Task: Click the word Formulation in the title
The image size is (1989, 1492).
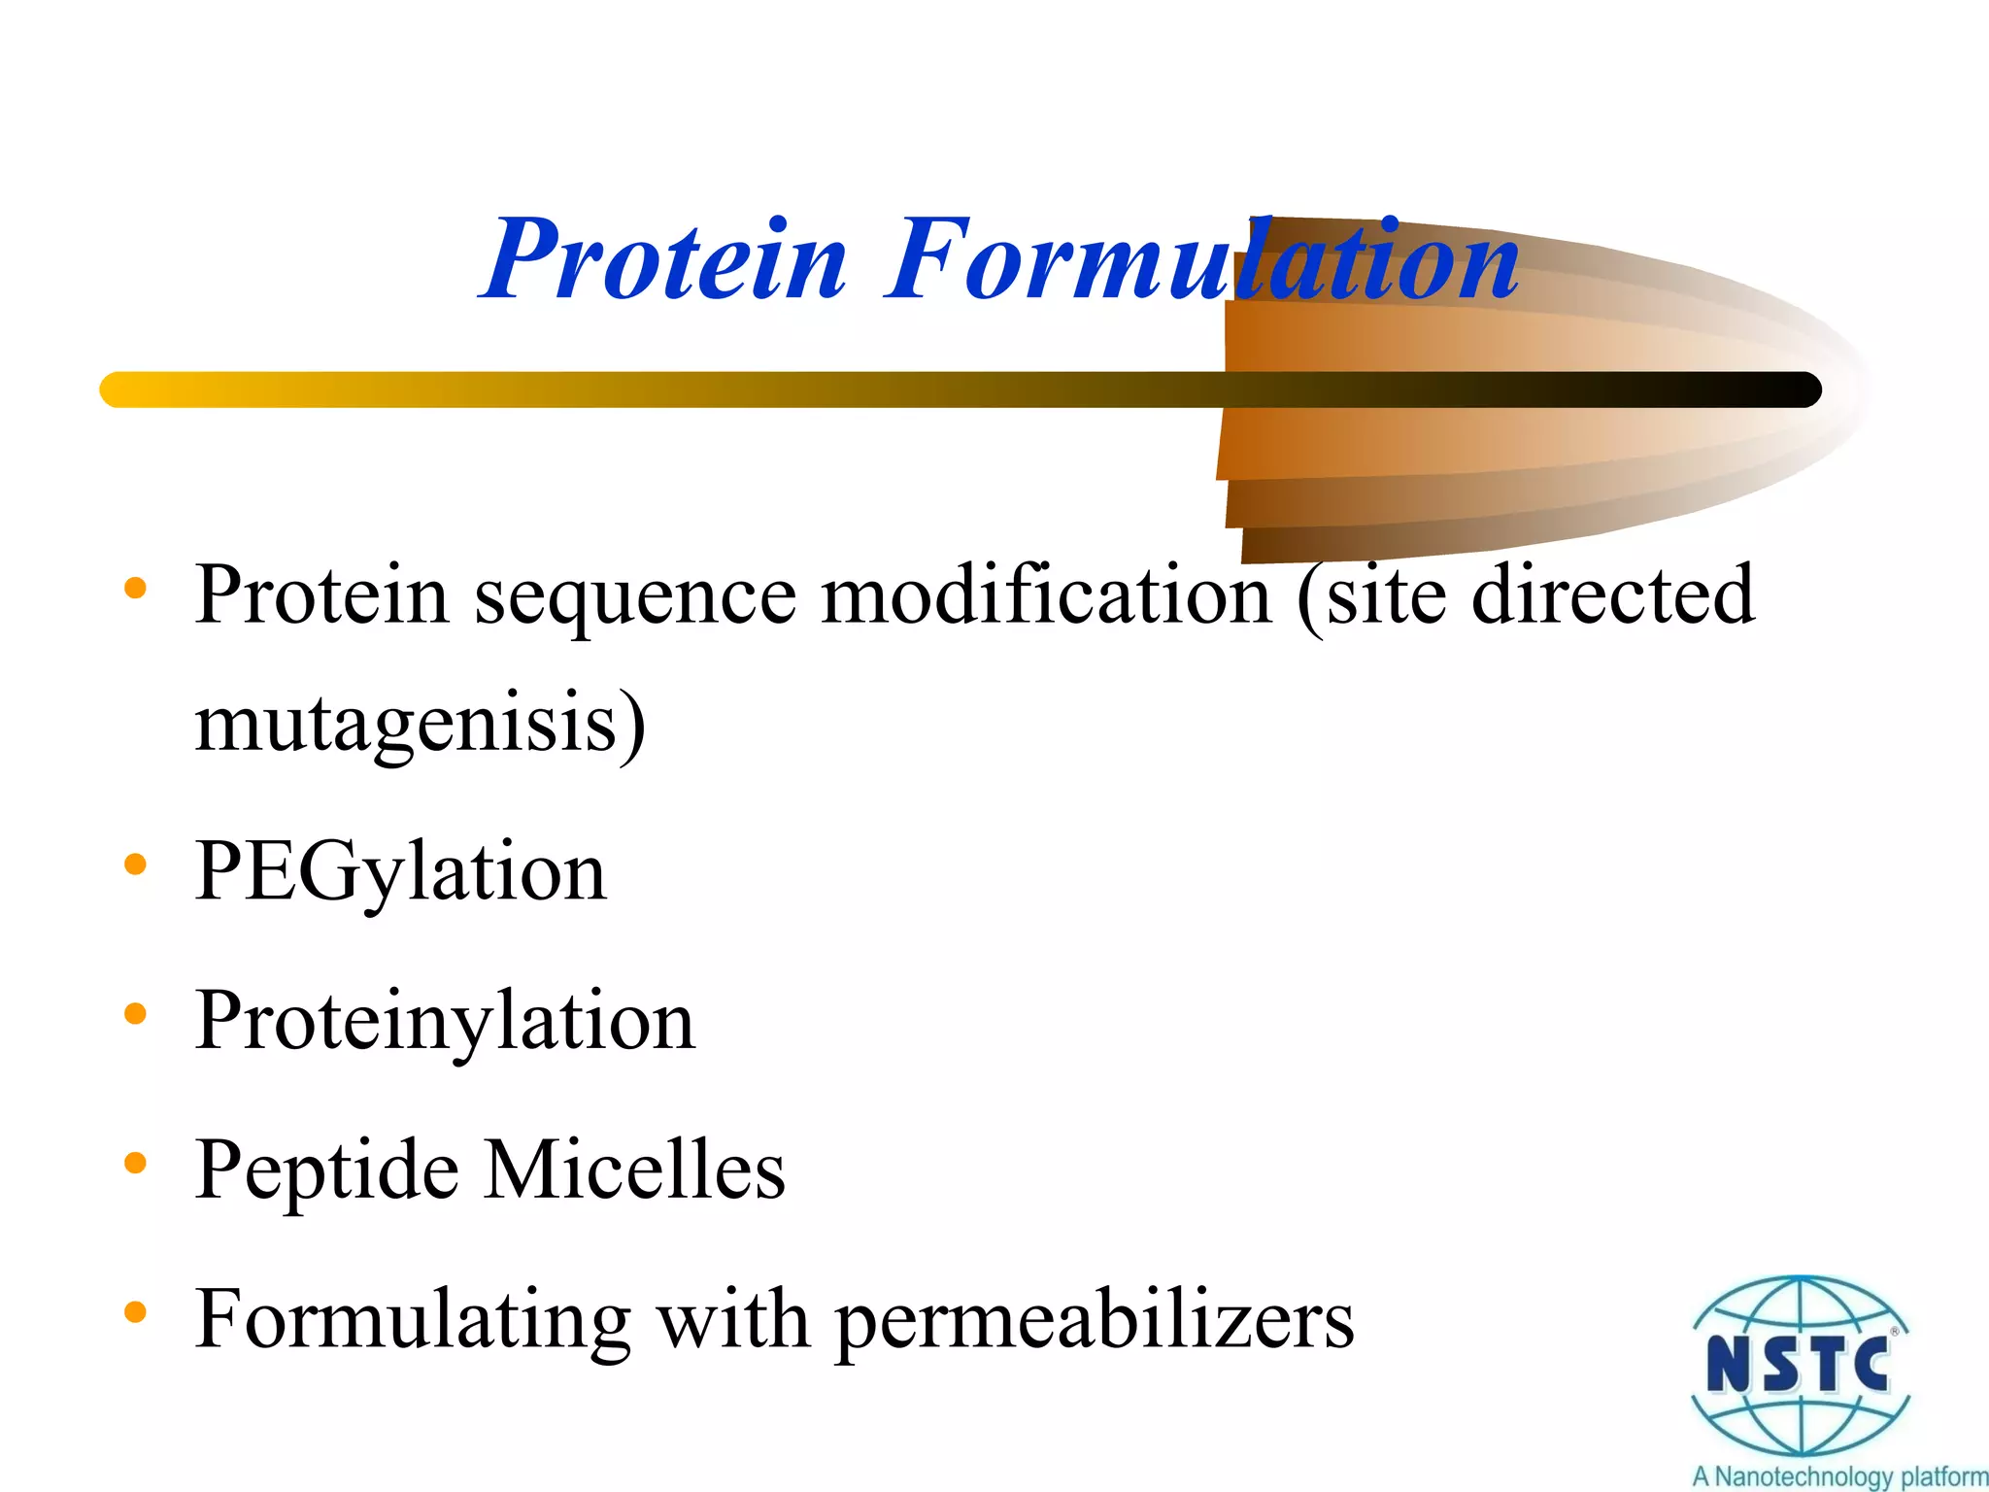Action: pyautogui.click(x=1202, y=260)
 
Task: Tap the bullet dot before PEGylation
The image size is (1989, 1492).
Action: pyautogui.click(x=135, y=864)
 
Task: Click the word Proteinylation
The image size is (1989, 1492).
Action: pyautogui.click(x=445, y=1022)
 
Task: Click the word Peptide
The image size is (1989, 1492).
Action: pyautogui.click(x=326, y=1171)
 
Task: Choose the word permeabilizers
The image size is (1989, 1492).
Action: pyautogui.click(x=1095, y=1321)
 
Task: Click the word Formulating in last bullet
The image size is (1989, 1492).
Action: pyautogui.click(x=412, y=1321)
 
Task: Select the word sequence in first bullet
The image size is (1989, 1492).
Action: pyautogui.click(x=635, y=596)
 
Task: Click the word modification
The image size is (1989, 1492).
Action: pyautogui.click(x=1047, y=594)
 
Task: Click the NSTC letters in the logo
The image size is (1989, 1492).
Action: pyautogui.click(x=1798, y=1365)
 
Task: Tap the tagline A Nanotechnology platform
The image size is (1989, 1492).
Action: pyautogui.click(x=1838, y=1476)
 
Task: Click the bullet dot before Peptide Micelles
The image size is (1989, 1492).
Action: pyautogui.click(x=135, y=1162)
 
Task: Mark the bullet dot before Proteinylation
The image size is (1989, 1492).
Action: pyautogui.click(x=135, y=1013)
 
